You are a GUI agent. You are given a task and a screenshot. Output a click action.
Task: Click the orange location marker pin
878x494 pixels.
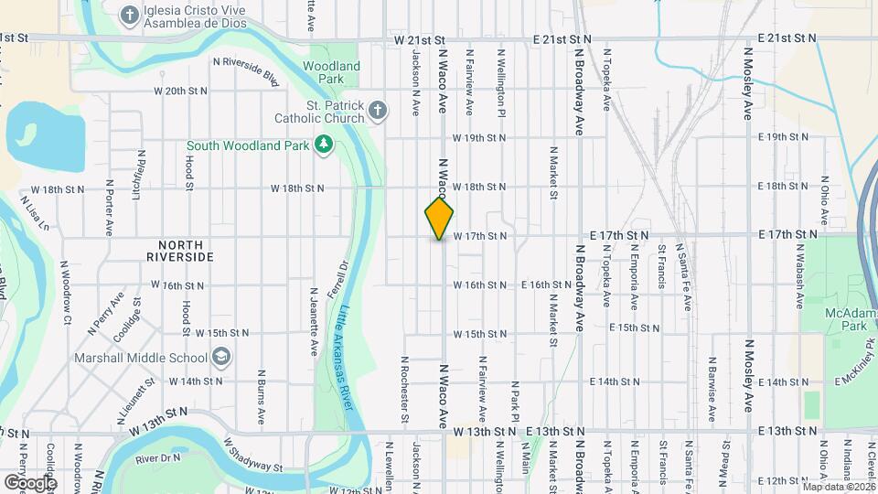coord(440,218)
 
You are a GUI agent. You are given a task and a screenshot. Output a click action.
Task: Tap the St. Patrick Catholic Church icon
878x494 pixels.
coord(379,112)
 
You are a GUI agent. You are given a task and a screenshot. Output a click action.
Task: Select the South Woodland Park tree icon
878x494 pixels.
coord(322,145)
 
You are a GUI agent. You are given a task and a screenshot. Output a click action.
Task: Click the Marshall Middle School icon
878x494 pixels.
coord(220,357)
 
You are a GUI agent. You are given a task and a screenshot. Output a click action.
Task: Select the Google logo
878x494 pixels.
coord(30,482)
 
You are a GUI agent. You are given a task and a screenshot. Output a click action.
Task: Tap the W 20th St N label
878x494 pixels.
coord(181,91)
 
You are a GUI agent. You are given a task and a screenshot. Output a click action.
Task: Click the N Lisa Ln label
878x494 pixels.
coord(37,212)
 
